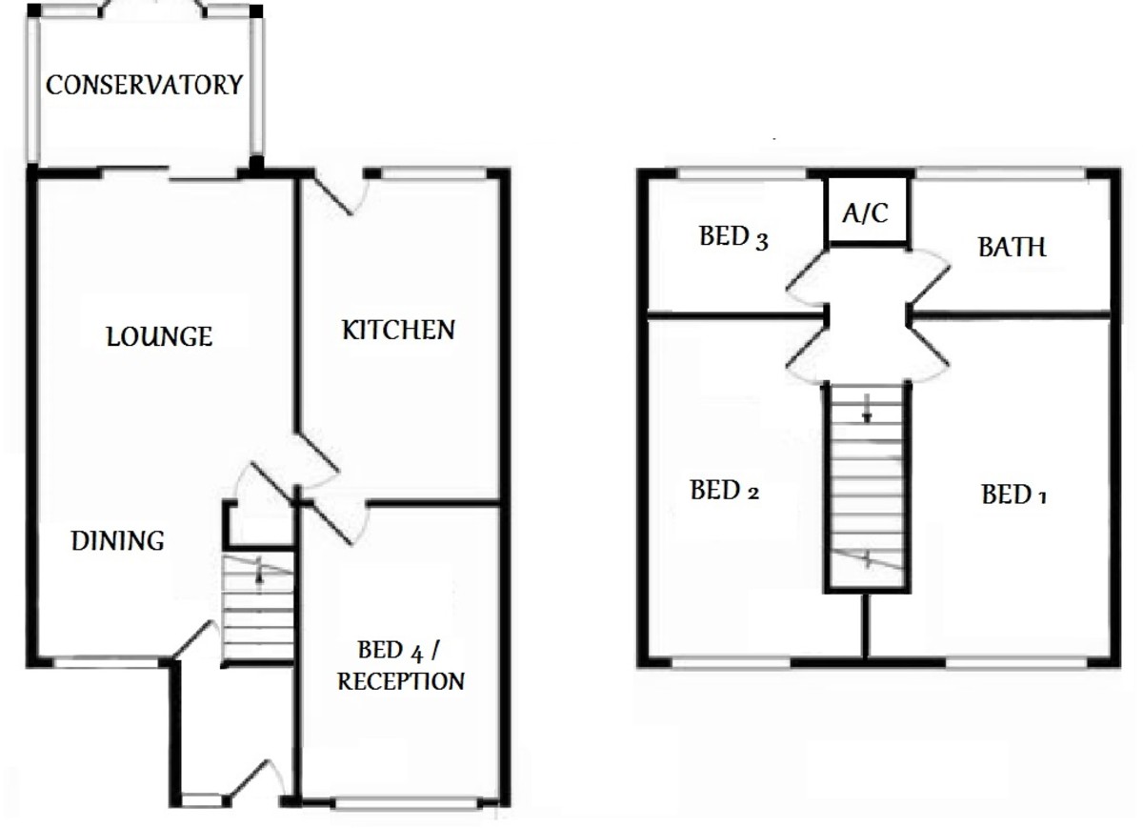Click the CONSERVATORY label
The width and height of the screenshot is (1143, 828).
coord(144,85)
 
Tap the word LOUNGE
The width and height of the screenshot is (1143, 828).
coord(159,336)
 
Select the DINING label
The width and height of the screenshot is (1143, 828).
coord(118,541)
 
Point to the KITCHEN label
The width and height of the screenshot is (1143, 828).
coord(398,331)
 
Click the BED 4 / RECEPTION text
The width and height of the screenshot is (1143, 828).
coord(401,666)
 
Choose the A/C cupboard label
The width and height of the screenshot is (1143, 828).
coord(865,213)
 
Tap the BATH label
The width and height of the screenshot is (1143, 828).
coord(1012,248)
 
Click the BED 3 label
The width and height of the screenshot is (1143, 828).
coord(733,237)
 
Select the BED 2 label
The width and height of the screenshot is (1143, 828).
coord(725,492)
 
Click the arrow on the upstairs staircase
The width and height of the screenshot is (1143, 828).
coord(867,409)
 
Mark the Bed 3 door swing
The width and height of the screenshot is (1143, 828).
coord(805,275)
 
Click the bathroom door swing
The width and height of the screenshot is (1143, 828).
coord(929,275)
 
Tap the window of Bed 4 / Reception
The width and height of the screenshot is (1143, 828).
coord(406,804)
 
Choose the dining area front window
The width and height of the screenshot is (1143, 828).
coord(106,660)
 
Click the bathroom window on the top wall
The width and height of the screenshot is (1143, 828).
coord(1000,174)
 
